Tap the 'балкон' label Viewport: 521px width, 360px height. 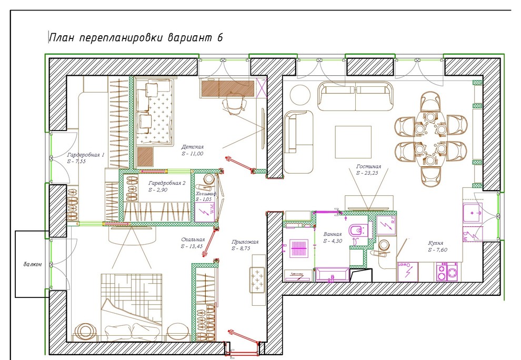[32, 265]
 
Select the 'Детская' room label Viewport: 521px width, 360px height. [193, 147]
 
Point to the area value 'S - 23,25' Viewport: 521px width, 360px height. [368, 173]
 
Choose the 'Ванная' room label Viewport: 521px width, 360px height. [333, 234]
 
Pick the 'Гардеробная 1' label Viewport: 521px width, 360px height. [86, 155]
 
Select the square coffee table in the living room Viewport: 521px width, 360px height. [354, 142]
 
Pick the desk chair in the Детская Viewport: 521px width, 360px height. [234, 104]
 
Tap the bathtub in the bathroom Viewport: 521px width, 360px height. [331, 274]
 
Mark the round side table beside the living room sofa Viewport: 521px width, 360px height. [302, 95]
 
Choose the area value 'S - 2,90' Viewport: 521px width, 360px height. [158, 189]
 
